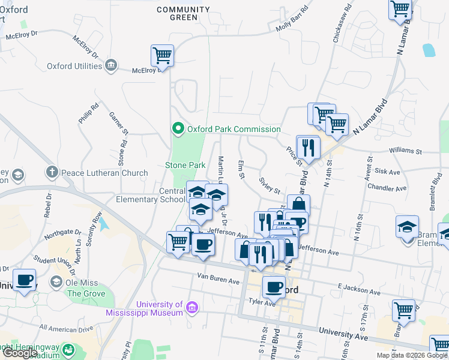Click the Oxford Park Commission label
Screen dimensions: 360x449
click(234, 129)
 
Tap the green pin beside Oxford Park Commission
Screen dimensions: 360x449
click(178, 128)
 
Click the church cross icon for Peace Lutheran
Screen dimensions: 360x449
click(52, 173)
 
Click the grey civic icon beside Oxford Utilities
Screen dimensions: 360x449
click(111, 65)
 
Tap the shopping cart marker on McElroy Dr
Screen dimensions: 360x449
click(163, 56)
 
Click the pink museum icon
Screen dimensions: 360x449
click(192, 308)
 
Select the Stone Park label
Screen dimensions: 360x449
click(185, 165)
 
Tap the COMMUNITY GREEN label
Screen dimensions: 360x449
click(183, 13)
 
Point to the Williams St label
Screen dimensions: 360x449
click(406, 152)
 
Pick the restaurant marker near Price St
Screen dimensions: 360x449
click(309, 147)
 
